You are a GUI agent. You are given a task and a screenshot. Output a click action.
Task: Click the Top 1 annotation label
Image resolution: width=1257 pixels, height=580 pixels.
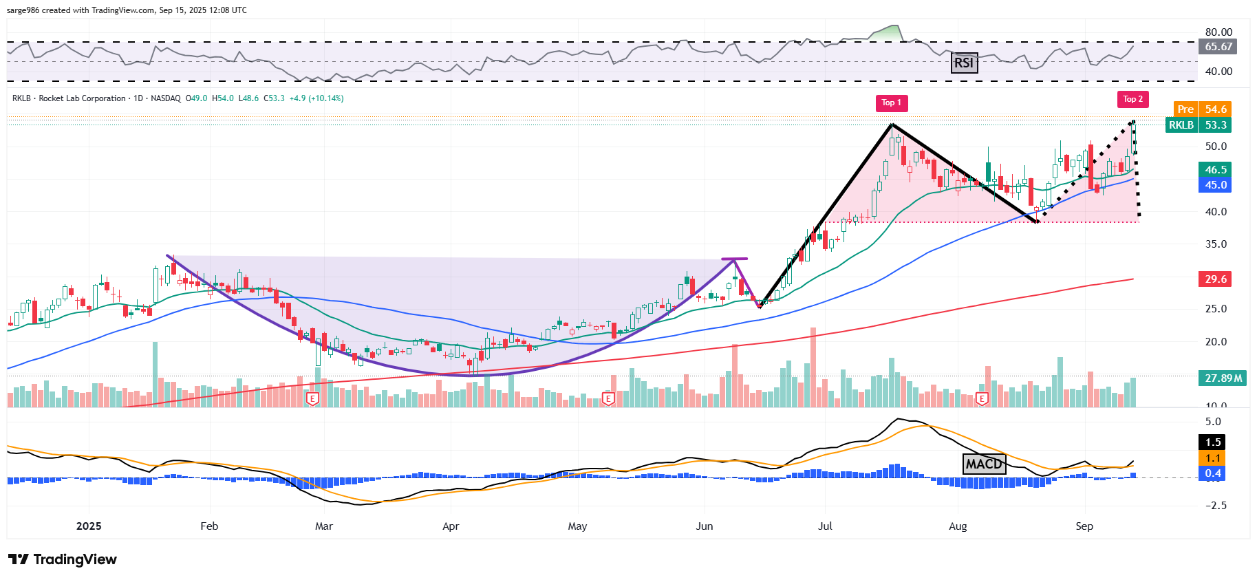click(x=891, y=103)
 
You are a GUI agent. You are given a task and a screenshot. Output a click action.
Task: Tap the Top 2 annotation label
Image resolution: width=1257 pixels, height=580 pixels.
click(x=1132, y=100)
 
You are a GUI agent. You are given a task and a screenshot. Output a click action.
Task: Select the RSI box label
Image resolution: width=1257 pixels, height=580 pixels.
click(x=964, y=63)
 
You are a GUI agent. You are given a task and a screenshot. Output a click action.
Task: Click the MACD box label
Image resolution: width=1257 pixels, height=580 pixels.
click(x=984, y=464)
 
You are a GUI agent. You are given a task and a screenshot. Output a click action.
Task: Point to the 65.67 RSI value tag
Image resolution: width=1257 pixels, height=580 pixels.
click(x=1218, y=47)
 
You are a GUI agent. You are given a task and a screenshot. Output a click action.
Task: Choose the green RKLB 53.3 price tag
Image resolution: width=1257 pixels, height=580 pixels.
click(x=1198, y=125)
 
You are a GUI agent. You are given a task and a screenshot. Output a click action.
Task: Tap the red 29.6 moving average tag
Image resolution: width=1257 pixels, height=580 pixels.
click(x=1215, y=279)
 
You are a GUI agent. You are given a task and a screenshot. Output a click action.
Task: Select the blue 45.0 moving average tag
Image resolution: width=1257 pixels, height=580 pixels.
click(x=1215, y=185)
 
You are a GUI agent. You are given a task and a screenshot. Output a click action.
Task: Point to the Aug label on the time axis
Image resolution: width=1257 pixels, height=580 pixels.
click(x=958, y=526)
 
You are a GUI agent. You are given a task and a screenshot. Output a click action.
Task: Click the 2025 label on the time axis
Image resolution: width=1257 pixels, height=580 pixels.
click(x=89, y=526)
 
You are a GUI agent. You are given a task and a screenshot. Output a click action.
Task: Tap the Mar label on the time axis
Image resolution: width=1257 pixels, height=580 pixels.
click(x=323, y=526)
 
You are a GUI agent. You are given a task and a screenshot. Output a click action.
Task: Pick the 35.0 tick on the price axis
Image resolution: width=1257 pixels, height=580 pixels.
click(x=1216, y=244)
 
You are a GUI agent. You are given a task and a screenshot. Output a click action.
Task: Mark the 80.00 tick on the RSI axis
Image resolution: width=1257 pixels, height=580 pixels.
click(x=1218, y=32)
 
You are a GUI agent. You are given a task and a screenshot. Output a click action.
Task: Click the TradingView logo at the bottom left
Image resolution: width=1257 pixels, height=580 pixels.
click(x=63, y=559)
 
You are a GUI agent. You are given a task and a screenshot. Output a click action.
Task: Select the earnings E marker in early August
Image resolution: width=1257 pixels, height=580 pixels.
click(x=982, y=399)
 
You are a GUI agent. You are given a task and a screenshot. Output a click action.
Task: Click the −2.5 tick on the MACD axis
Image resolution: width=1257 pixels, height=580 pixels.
click(x=1216, y=506)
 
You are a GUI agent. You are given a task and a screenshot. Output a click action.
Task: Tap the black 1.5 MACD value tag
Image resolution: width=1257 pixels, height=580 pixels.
click(x=1213, y=442)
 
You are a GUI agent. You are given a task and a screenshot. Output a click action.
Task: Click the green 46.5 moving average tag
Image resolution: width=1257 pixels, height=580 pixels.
click(x=1215, y=170)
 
